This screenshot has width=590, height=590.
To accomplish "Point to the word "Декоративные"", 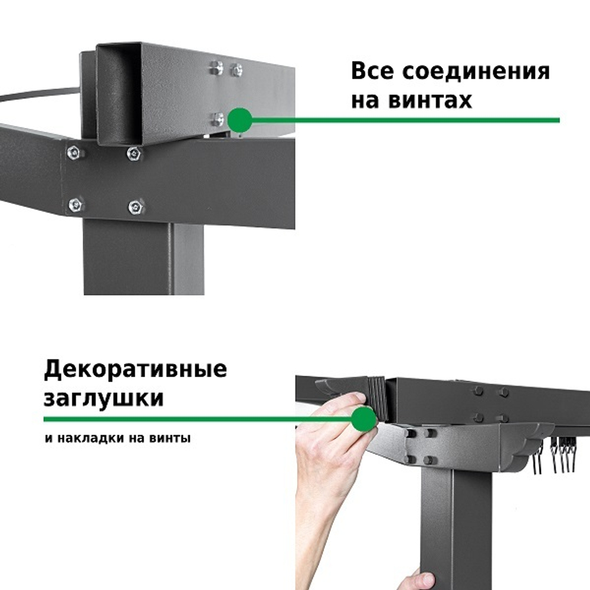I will pyautogui.click(x=135, y=370).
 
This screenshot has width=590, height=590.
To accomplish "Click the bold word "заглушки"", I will pyautogui.click(x=104, y=398).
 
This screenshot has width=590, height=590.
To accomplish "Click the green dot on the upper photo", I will pyautogui.click(x=240, y=120).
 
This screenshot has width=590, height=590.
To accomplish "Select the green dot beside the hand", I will pyautogui.click(x=364, y=419).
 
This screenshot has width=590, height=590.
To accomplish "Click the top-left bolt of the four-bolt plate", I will pyautogui.click(x=74, y=152).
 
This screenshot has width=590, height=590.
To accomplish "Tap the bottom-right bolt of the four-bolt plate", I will pyautogui.click(x=135, y=206).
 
